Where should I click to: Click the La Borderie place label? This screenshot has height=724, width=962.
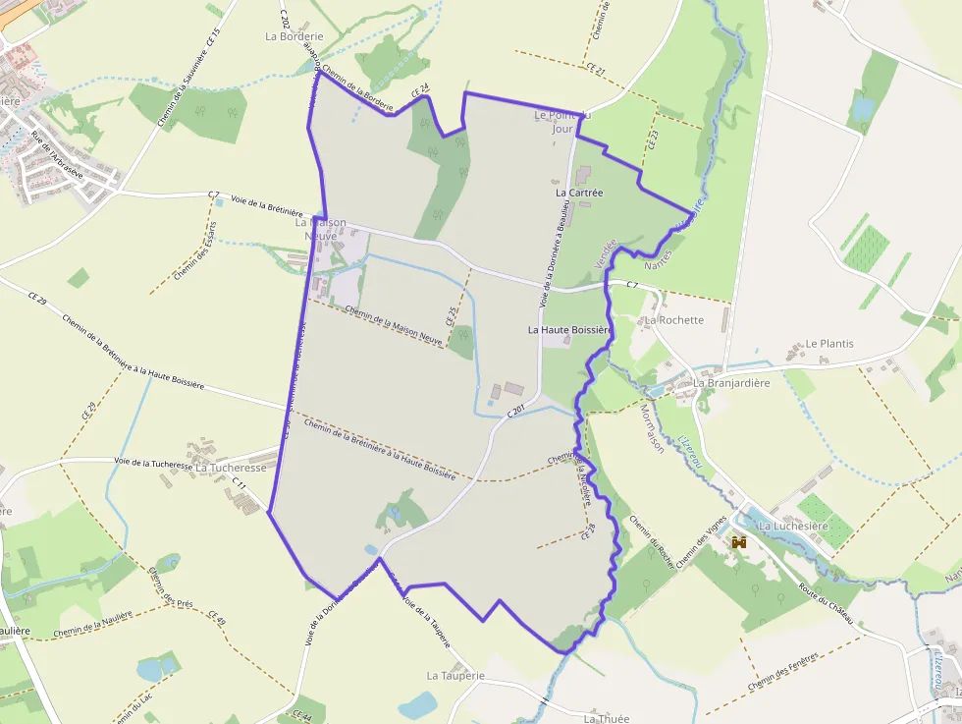pyautogui.click(x=294, y=35)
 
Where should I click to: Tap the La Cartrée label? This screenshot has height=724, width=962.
pyautogui.click(x=579, y=193)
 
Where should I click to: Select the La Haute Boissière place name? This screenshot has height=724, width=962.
pyautogui.click(x=569, y=330)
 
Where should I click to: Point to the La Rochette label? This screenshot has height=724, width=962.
pyautogui.click(x=674, y=320)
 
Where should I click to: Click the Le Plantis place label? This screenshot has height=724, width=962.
pyautogui.click(x=829, y=344)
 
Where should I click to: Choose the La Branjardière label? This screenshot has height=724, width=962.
pyautogui.click(x=731, y=383)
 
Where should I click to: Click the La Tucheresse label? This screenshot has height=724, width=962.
pyautogui.click(x=231, y=469)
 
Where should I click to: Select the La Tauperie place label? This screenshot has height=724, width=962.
pyautogui.click(x=455, y=676)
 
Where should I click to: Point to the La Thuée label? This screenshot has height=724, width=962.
pyautogui.click(x=607, y=718)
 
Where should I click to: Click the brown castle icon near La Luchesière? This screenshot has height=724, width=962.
pyautogui.click(x=739, y=542)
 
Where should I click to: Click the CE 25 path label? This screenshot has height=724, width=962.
pyautogui.click(x=453, y=313)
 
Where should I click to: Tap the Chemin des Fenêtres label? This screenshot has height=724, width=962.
pyautogui.click(x=782, y=672)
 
